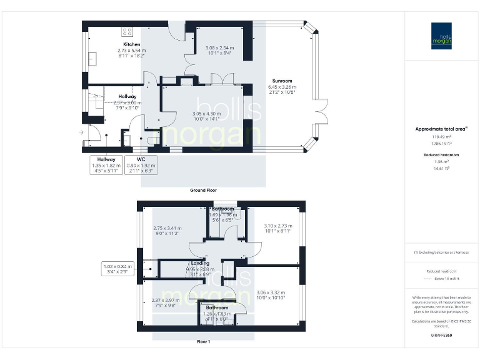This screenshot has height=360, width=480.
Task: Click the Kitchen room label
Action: click(x=131, y=44)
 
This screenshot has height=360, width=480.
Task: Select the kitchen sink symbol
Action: click(x=92, y=58)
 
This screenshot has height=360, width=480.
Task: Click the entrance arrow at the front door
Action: click(x=80, y=132)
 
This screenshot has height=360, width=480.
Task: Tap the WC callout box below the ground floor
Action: click(x=142, y=164)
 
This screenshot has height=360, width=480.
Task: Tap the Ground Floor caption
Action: click(x=203, y=190)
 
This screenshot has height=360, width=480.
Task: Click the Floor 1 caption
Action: click(x=203, y=342)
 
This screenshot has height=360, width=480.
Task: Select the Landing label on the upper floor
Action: click(x=199, y=264)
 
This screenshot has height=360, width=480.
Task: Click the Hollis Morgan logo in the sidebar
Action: click(x=441, y=36)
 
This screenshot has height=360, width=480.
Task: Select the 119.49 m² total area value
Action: click(x=441, y=136)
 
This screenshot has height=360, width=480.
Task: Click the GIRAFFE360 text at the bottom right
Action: click(x=441, y=335)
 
